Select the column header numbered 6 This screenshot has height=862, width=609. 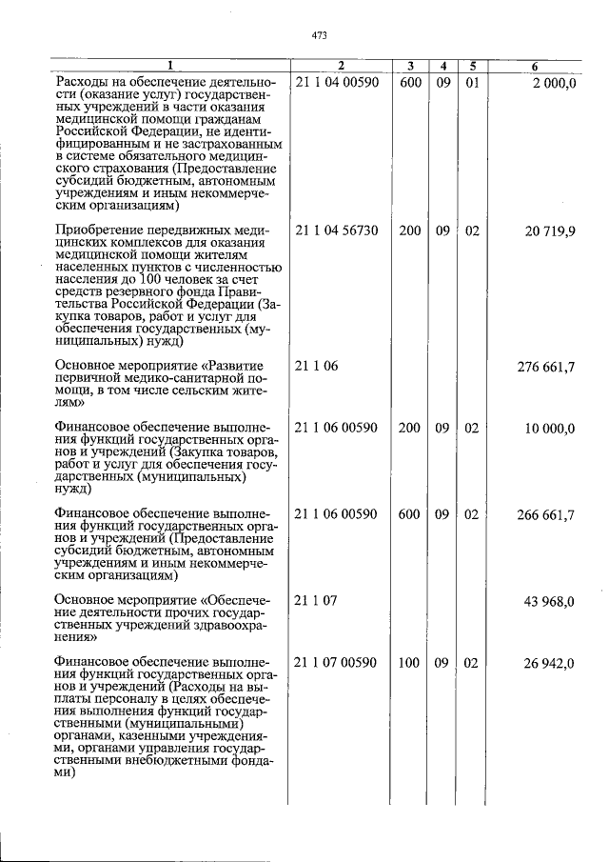(x=535, y=66)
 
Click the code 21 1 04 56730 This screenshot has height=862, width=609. (x=338, y=231)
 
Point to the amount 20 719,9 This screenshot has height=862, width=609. (x=548, y=231)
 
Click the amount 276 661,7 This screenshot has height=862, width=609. (x=545, y=366)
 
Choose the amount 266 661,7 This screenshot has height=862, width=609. (x=545, y=514)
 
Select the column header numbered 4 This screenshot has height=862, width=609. (x=442, y=66)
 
